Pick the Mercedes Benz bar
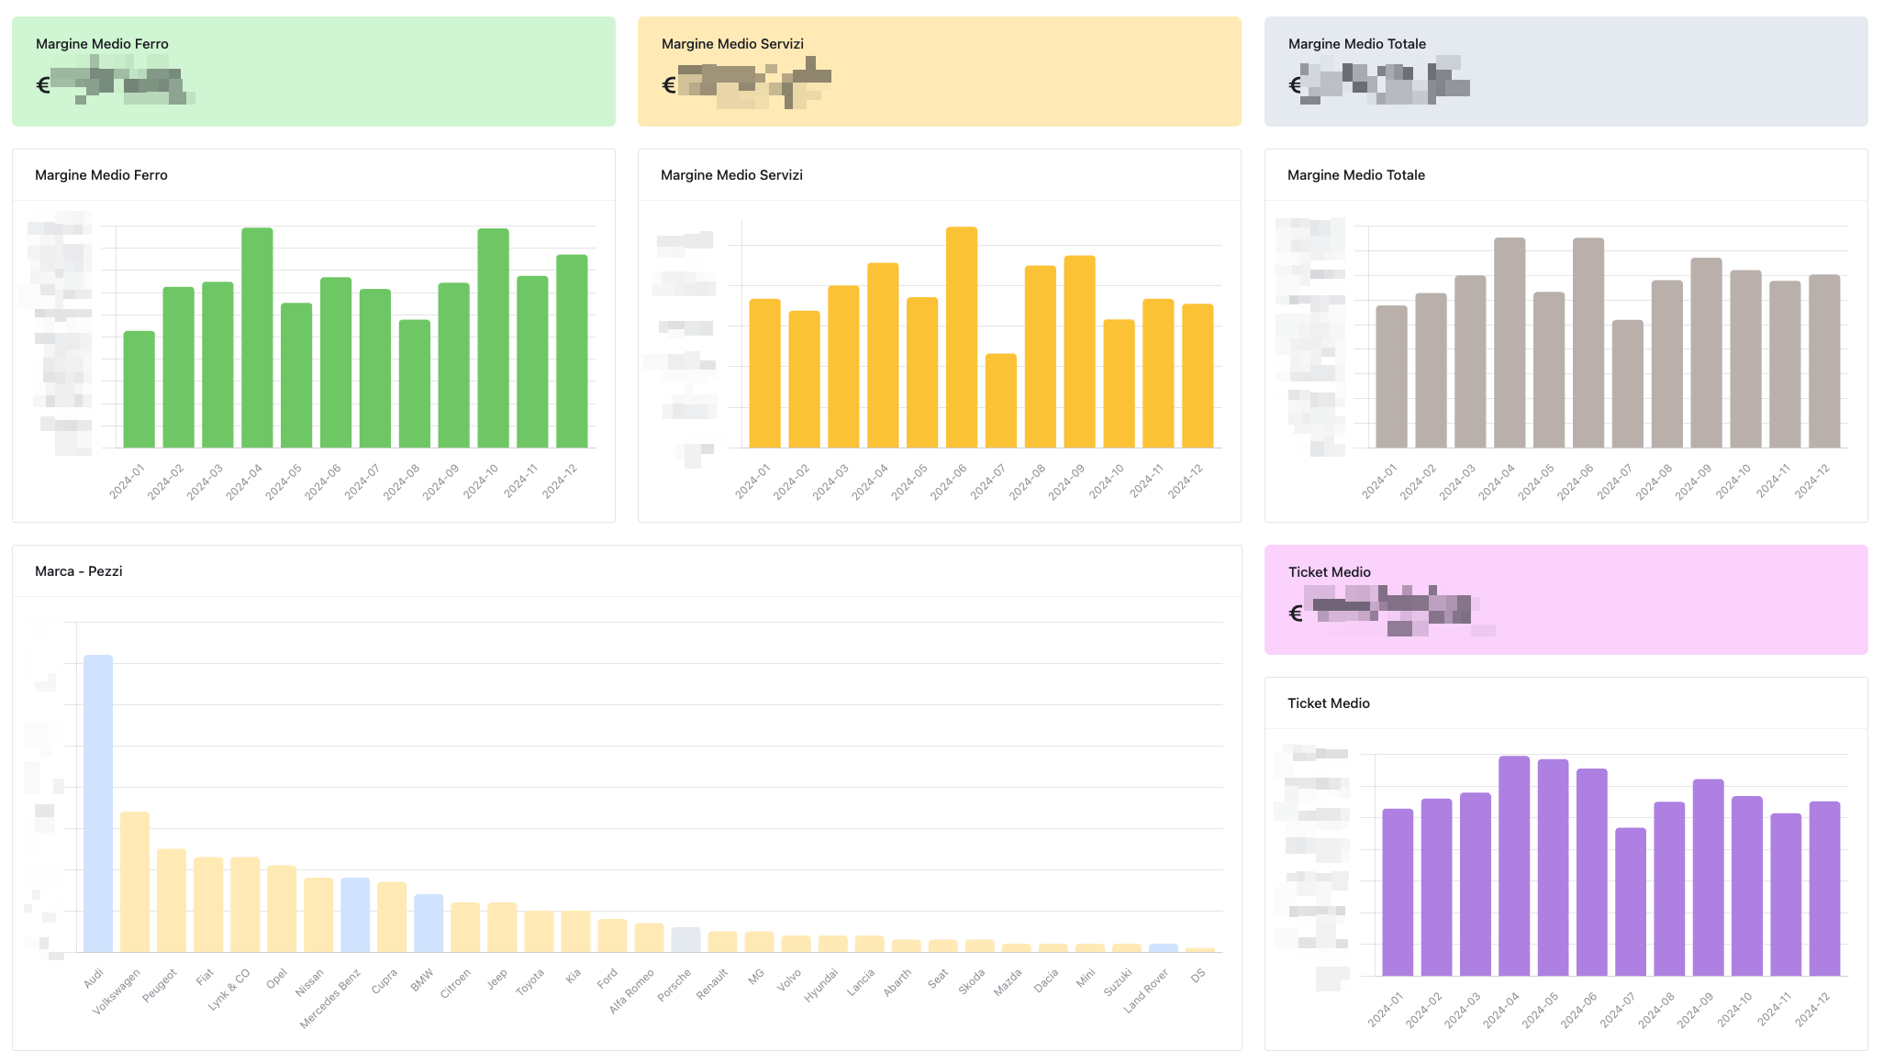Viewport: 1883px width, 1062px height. pyautogui.click(x=355, y=914)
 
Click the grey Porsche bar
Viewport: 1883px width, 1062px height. pyautogui.click(x=685, y=939)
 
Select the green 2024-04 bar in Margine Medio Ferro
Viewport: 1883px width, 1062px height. pyautogui.click(x=257, y=337)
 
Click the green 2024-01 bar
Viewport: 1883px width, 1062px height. pyautogui.click(x=139, y=389)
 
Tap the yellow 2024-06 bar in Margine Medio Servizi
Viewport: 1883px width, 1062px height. pyautogui.click(x=962, y=337)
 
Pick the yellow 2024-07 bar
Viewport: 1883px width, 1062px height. pyautogui.click(x=1001, y=401)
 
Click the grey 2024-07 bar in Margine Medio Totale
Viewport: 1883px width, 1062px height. pyautogui.click(x=1628, y=383)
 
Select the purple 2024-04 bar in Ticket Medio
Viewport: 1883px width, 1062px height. pyautogui.click(x=1514, y=866)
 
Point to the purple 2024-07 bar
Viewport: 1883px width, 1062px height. pyautogui.click(x=1631, y=902)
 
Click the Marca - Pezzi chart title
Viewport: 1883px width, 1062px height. pyautogui.click(x=79, y=571)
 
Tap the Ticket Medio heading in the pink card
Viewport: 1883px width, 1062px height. pyautogui.click(x=1330, y=572)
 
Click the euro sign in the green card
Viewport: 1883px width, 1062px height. pyautogui.click(x=43, y=86)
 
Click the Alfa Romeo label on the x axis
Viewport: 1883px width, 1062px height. pyautogui.click(x=632, y=990)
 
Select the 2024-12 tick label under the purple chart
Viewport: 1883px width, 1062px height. pyautogui.click(x=1813, y=1009)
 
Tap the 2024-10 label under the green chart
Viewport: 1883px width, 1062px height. pyautogui.click(x=481, y=481)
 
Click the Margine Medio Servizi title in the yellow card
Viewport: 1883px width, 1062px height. pyautogui.click(x=732, y=44)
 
